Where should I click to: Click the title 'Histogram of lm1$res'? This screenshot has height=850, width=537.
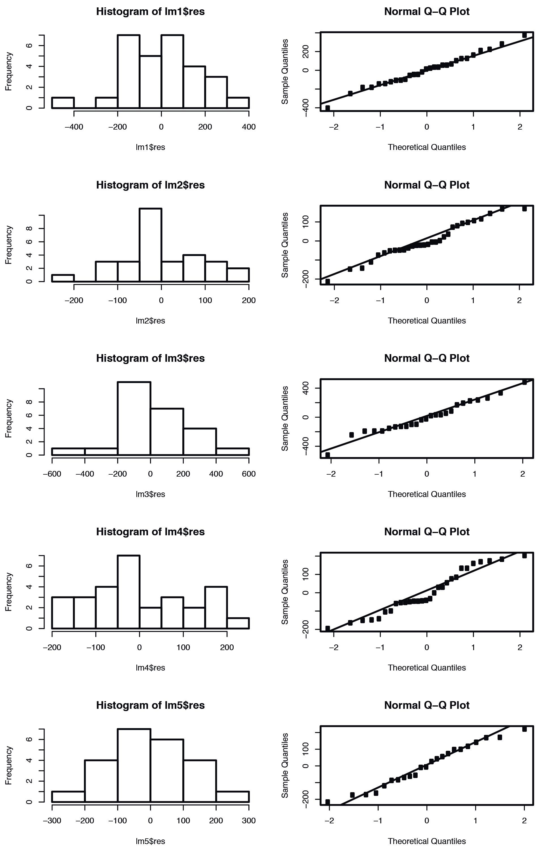[x=150, y=12]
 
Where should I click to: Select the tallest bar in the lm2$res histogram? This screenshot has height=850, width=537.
[x=150, y=245]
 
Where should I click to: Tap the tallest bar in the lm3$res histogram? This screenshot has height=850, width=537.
[x=134, y=418]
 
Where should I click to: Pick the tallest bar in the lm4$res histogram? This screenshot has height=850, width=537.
[x=128, y=592]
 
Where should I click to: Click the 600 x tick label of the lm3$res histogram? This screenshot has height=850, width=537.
[x=249, y=474]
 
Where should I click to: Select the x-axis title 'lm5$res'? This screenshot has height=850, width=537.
[x=150, y=841]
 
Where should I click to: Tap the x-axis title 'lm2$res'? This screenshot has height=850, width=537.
[x=150, y=320]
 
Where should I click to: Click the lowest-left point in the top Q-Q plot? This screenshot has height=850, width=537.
[x=328, y=108]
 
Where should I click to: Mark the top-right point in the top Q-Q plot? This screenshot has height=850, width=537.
[x=524, y=35]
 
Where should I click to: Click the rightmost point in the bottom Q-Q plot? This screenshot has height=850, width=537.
[x=524, y=729]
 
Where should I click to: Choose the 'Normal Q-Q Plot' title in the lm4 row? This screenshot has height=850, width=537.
[x=427, y=532]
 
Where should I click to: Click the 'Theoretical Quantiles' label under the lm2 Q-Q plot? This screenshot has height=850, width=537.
[x=427, y=320]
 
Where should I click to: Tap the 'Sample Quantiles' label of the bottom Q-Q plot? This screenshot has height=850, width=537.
[x=285, y=765]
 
